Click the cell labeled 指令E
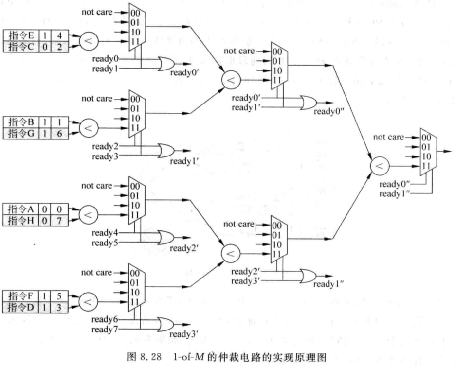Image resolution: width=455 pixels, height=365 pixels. coord(21,35)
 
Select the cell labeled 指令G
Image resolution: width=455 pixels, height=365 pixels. coord(21,134)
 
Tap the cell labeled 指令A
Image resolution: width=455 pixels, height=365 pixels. coord(21,209)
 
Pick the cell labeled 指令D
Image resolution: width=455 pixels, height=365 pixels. coord(21,307)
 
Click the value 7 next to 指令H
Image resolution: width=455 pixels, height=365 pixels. coord(59,221)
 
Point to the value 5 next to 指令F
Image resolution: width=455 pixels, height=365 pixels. coord(59,296)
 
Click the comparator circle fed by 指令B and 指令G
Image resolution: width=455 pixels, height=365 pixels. coord(89,128)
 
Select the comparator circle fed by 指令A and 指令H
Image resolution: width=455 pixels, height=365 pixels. coord(88,214)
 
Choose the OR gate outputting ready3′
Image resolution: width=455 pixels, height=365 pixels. coord(165,324)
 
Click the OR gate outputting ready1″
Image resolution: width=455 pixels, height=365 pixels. coord(309,276)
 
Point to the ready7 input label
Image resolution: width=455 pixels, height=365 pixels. coord(105,330)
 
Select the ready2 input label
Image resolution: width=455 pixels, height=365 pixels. coord(105,146)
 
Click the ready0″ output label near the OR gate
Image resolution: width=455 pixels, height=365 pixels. coord(329,112)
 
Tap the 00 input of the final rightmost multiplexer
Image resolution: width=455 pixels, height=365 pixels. coord(426,138)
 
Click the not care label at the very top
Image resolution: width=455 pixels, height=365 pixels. coord(97,12)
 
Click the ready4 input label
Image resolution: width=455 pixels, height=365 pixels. coord(105,233)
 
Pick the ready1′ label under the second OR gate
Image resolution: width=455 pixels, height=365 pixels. coord(184,161)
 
